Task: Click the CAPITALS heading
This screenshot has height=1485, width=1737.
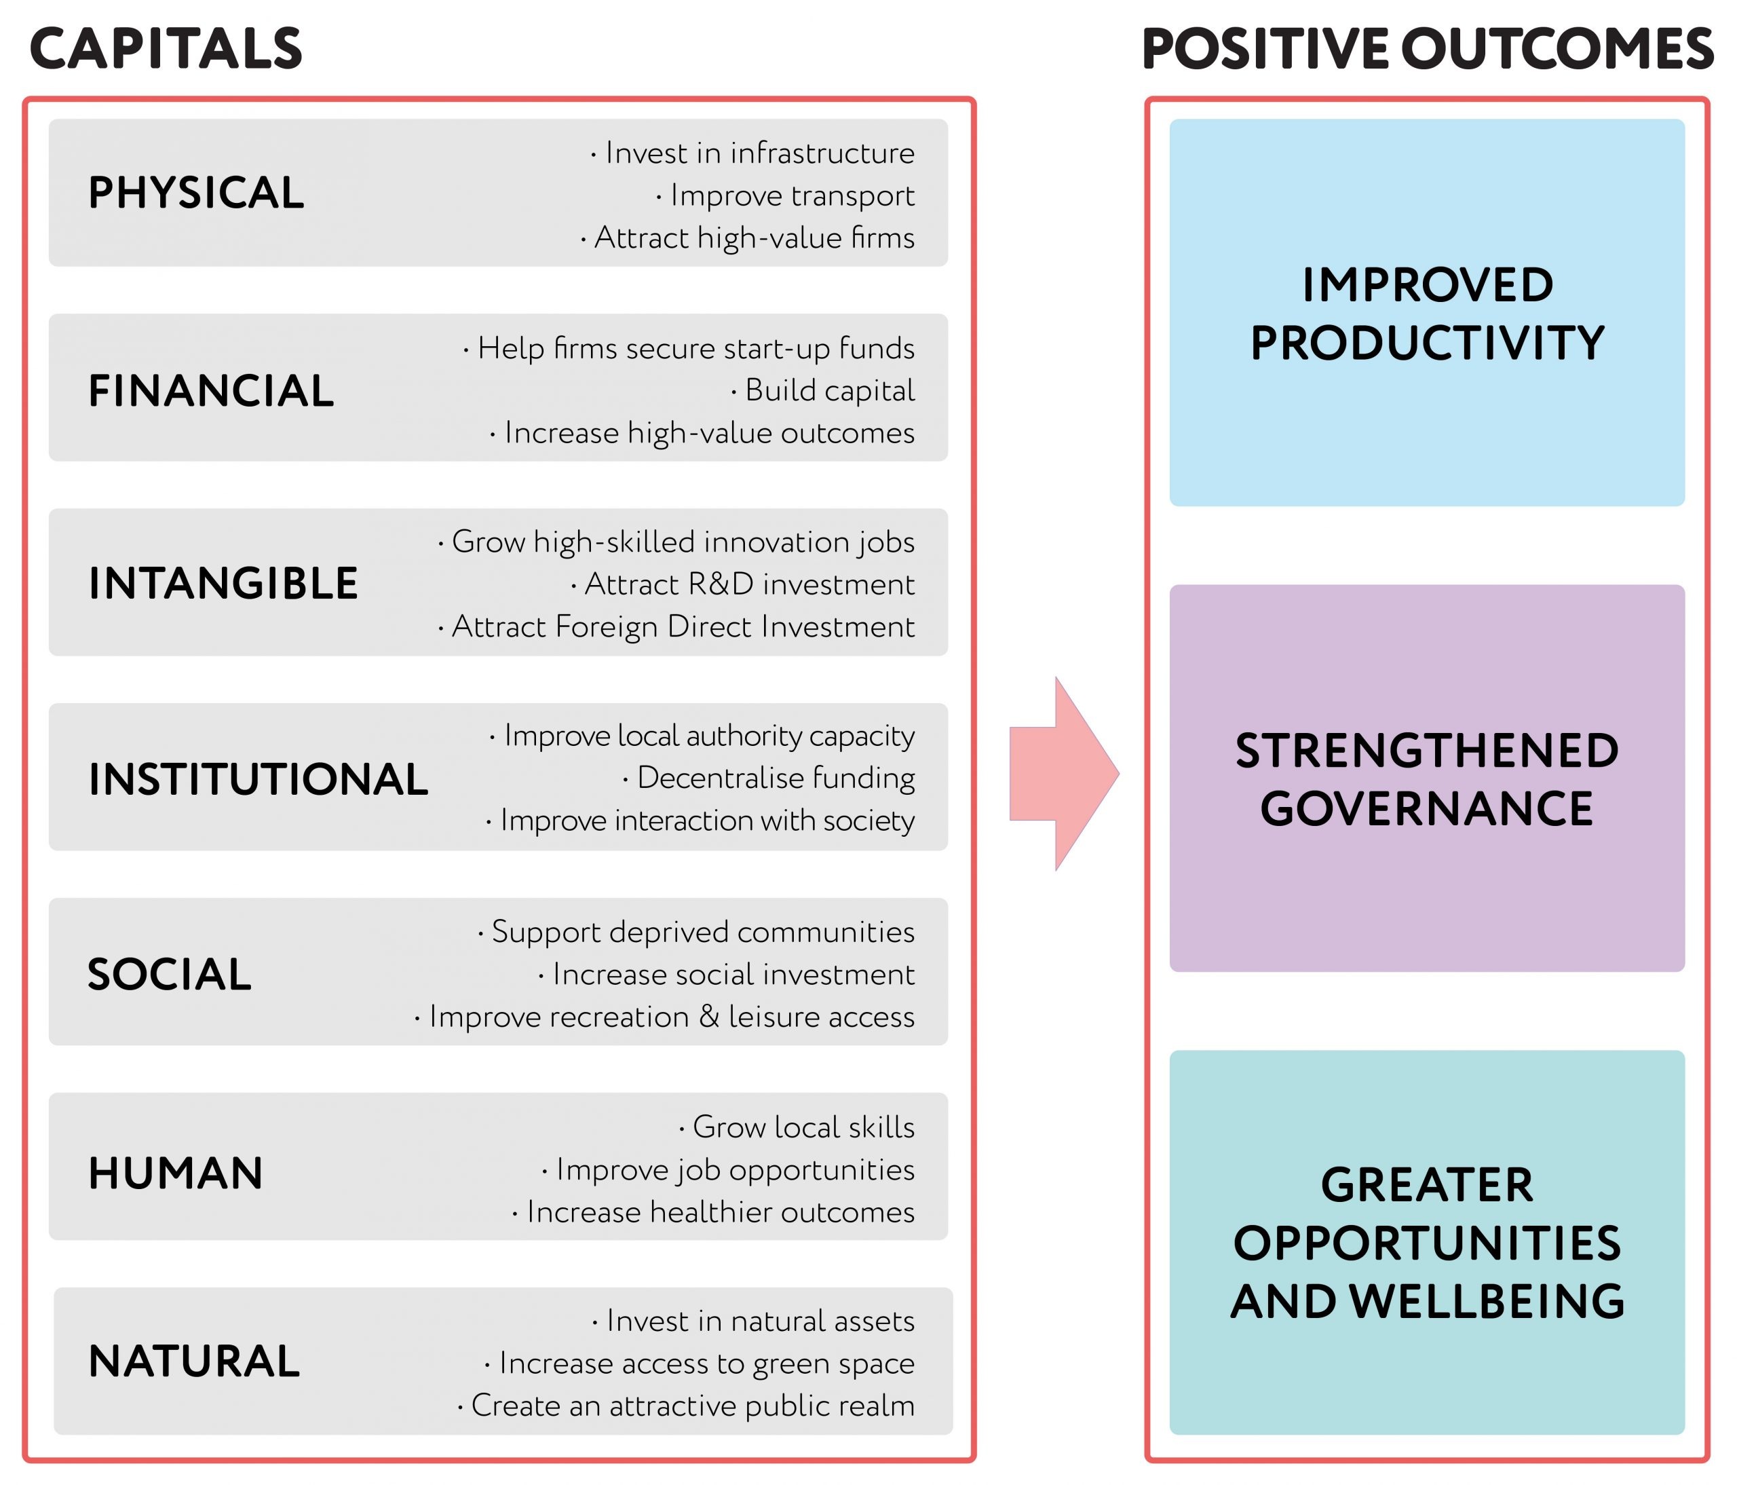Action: click(x=166, y=49)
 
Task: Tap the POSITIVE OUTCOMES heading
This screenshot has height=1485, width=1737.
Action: click(x=1428, y=49)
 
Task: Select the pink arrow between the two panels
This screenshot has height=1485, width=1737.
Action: click(x=1064, y=773)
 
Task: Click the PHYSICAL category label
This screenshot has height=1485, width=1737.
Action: click(x=196, y=193)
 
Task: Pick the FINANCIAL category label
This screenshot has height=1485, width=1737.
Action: click(x=211, y=391)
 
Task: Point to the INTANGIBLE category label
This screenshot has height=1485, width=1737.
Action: click(x=223, y=584)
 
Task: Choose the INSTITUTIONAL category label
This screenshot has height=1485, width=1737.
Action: click(x=259, y=779)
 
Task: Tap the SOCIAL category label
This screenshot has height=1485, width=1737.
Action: click(x=170, y=975)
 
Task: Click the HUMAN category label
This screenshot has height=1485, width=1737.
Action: click(x=176, y=1173)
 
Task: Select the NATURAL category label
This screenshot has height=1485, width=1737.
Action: click(x=195, y=1361)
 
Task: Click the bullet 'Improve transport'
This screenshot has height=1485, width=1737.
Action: click(x=786, y=195)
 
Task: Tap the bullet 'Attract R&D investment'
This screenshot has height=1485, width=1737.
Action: click(x=743, y=584)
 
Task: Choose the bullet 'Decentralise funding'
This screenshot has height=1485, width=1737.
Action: click(x=769, y=778)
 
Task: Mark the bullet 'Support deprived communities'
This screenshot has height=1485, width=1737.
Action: click(x=695, y=933)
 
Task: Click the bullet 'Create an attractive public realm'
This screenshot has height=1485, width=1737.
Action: click(x=686, y=1406)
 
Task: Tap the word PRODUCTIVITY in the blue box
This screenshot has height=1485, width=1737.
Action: click(x=1428, y=343)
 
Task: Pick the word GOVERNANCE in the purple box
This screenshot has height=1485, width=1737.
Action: click(x=1427, y=809)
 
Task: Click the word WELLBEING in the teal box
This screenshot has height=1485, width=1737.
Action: click(x=1487, y=1301)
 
